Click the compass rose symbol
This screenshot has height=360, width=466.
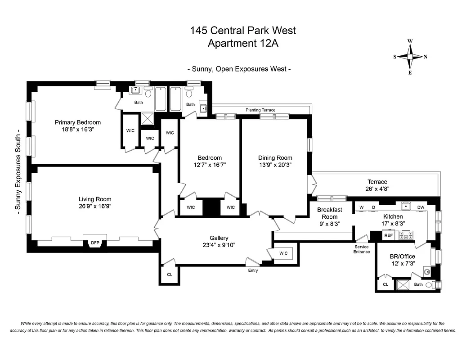(410, 57)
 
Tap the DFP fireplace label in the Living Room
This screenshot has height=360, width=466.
(95, 243)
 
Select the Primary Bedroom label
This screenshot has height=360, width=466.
(78, 122)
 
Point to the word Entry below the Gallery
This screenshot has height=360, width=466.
(253, 270)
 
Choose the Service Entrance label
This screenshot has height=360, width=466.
(362, 249)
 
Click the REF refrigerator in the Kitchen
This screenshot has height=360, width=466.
(388, 235)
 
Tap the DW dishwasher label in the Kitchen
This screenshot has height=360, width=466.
(421, 207)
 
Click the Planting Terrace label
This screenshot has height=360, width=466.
(260, 110)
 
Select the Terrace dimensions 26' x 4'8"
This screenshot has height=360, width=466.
(376, 189)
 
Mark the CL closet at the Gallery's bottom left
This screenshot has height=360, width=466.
(170, 274)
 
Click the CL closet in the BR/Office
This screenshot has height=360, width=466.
(385, 284)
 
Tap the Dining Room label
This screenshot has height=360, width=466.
(275, 158)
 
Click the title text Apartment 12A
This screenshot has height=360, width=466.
(243, 43)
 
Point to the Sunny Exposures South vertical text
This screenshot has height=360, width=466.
(18, 174)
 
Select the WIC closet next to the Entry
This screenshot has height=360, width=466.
(283, 253)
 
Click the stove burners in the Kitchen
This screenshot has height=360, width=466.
(406, 235)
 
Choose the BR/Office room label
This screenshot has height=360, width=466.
(402, 256)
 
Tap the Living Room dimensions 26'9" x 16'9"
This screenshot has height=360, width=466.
(95, 206)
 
